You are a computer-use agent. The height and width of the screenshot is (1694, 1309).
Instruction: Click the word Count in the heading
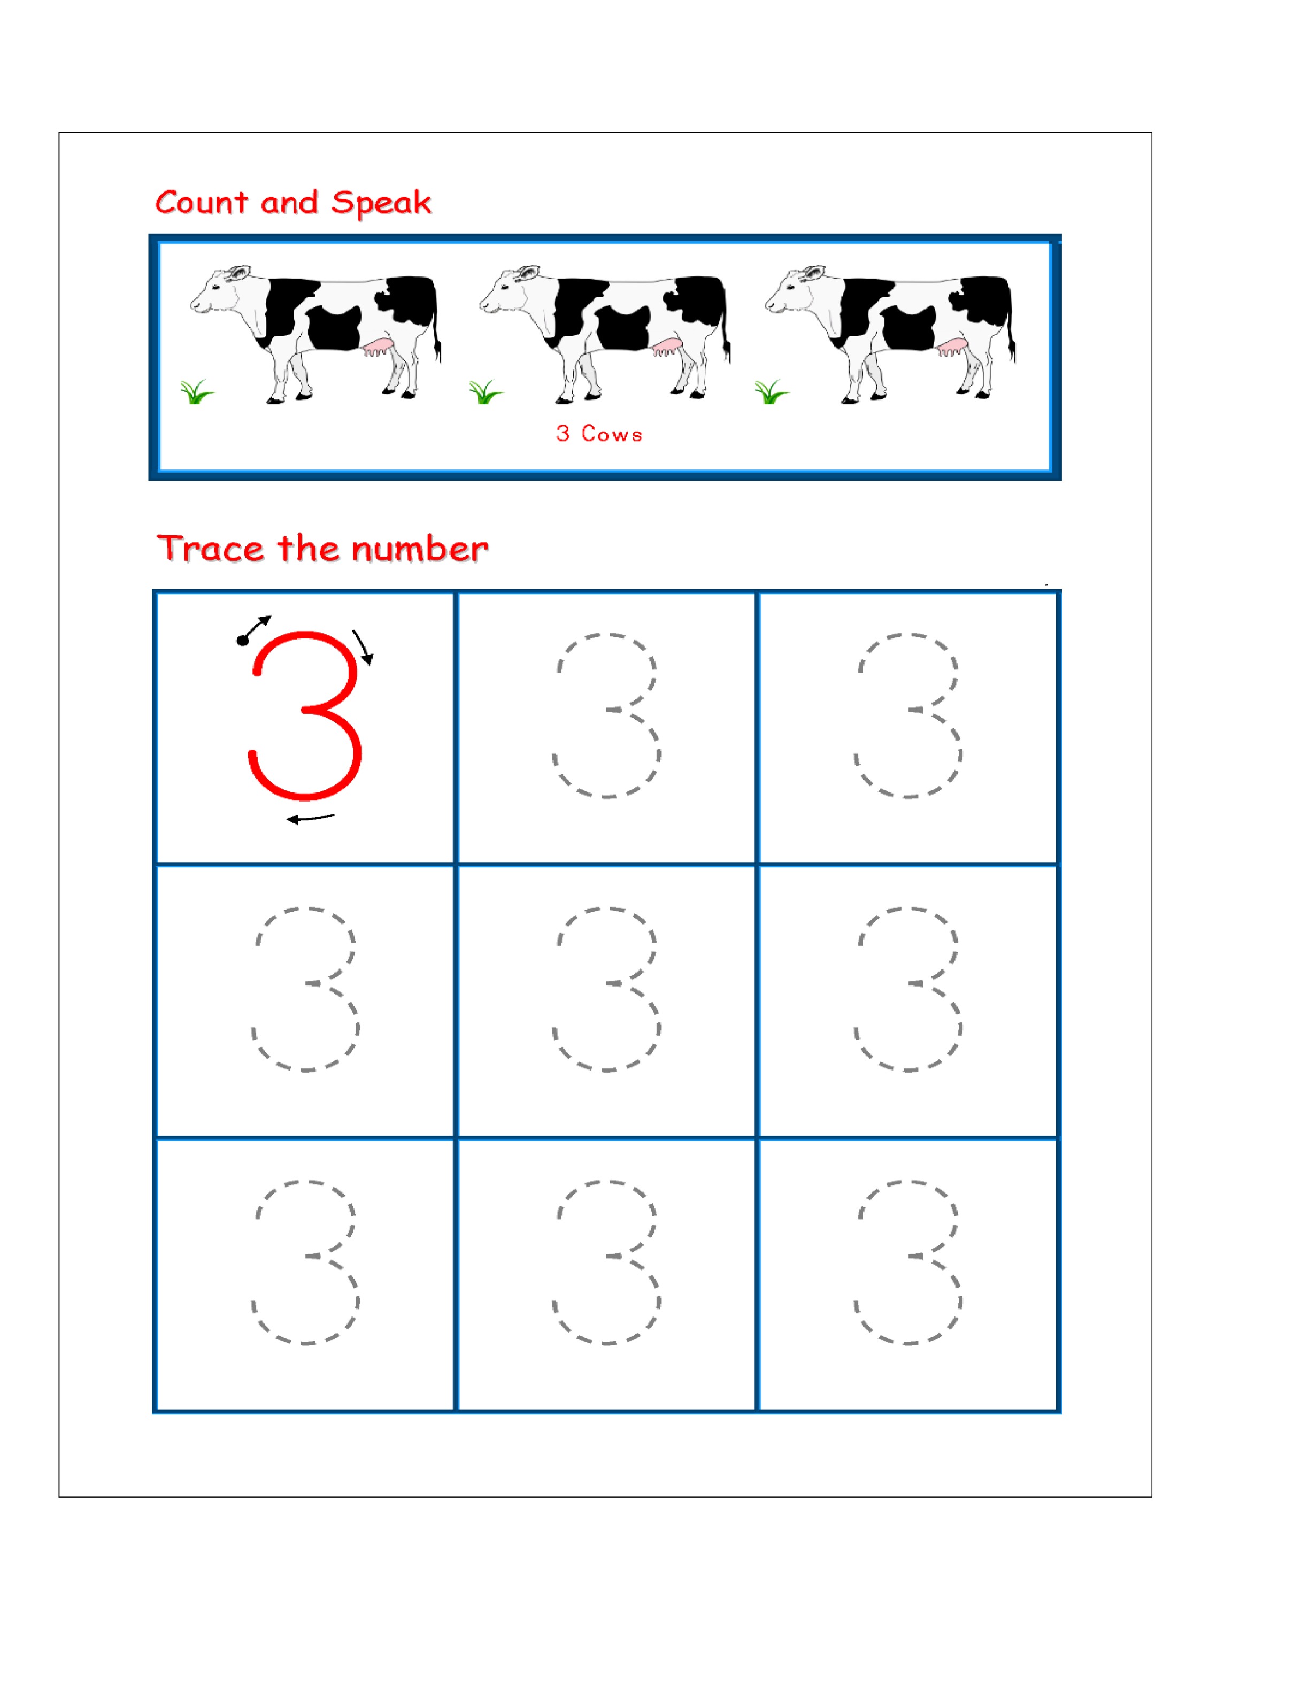202,203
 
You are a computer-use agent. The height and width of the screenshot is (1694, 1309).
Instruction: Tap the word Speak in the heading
381,203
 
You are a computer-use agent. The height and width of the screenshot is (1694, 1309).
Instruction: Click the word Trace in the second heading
210,549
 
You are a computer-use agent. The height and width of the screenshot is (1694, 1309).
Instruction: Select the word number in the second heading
420,549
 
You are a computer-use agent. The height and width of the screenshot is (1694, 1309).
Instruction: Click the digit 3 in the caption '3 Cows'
563,434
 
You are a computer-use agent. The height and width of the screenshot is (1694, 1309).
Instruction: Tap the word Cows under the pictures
612,434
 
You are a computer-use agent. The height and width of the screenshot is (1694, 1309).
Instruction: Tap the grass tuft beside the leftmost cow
197,392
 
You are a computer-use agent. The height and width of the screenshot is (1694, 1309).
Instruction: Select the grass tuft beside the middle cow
486,392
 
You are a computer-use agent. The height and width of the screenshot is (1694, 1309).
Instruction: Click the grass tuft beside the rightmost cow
772,392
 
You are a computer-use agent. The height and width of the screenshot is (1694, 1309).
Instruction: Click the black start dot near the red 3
243,640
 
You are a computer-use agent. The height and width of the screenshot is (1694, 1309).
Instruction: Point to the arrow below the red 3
311,818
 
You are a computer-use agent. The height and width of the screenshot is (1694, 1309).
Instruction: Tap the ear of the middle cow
529,273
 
